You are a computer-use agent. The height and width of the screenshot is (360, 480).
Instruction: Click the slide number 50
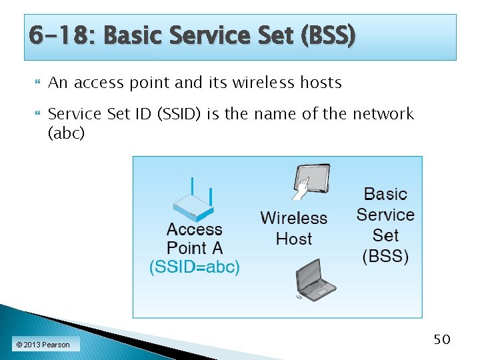click(442, 340)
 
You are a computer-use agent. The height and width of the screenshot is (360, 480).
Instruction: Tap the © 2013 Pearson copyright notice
click(43, 345)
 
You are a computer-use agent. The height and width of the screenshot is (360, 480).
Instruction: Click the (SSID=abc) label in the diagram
click(194, 267)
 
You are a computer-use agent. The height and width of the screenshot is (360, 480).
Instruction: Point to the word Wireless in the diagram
click(293, 218)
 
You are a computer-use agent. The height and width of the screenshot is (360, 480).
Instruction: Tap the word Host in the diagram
click(293, 238)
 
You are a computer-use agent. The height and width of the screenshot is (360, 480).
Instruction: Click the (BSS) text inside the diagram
click(385, 256)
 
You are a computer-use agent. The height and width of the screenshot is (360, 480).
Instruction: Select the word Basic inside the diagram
click(385, 194)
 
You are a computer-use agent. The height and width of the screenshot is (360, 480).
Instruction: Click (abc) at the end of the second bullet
click(67, 133)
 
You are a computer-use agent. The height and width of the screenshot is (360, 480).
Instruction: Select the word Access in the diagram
click(194, 229)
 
